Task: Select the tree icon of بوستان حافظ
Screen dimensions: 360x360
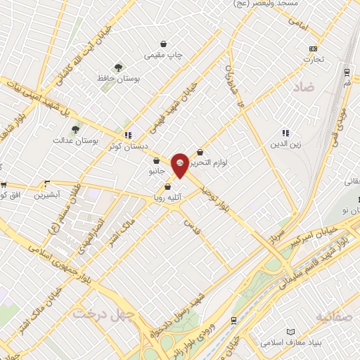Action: click(119, 68)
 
